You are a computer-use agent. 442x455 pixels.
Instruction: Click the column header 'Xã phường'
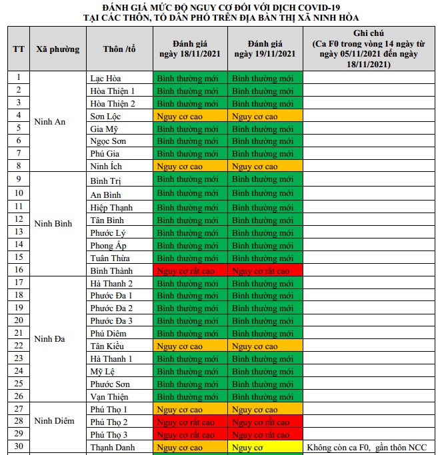coord(57,49)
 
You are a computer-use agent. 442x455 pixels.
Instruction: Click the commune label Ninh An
coord(50,122)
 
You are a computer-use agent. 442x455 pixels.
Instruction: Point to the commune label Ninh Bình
coord(53,224)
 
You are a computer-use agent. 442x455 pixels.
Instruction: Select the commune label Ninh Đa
coord(50,339)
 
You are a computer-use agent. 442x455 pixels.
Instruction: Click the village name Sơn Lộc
coord(105,116)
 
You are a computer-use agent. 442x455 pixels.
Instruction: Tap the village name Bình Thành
coord(111,271)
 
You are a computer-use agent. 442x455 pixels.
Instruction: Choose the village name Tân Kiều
coord(107,346)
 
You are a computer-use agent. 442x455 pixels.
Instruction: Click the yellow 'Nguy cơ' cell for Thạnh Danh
coord(265,448)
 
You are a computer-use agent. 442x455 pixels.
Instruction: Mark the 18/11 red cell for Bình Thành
coord(190,271)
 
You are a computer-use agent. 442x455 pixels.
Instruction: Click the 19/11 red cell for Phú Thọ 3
coord(265,435)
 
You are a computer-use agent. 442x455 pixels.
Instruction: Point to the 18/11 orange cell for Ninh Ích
coord(190,167)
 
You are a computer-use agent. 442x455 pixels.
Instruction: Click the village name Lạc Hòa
coord(105,78)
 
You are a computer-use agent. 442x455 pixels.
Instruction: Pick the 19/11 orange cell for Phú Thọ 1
coord(265,410)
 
